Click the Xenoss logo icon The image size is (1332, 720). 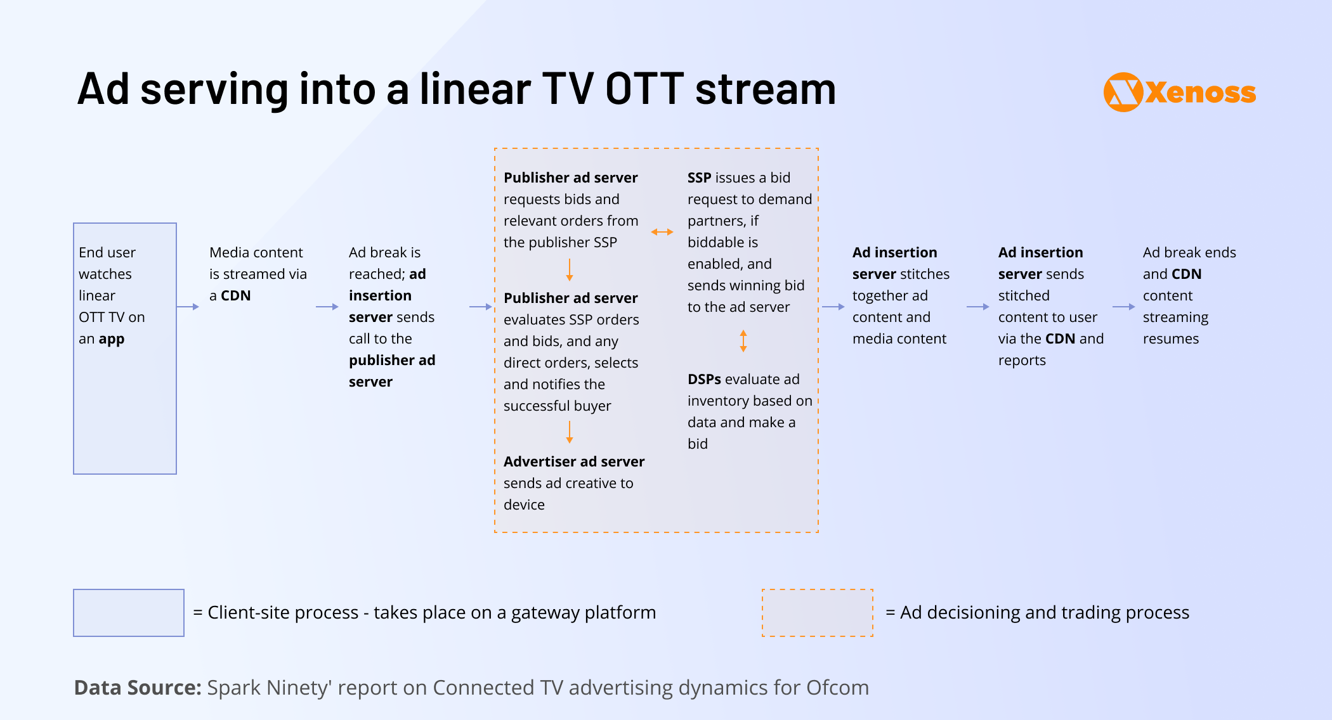coord(1123,92)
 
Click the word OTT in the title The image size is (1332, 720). coord(644,89)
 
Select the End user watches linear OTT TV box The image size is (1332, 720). coord(125,349)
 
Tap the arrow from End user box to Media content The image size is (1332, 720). coord(188,307)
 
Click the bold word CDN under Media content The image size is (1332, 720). coord(236,295)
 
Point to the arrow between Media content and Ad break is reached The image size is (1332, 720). coord(327,307)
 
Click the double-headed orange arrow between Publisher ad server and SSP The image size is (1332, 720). coord(662,232)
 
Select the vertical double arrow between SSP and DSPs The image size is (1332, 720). coord(743,340)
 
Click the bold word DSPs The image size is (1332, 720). coord(704,379)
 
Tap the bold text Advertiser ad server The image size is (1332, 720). coord(574,461)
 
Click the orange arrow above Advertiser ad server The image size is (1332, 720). coord(570,432)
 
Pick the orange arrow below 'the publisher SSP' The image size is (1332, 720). coord(570,269)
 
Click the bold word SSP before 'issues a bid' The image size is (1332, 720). coord(699,177)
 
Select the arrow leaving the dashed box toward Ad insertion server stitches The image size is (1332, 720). coord(833,307)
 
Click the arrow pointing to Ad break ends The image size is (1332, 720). coord(1123,307)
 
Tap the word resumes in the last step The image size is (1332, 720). coord(1171,338)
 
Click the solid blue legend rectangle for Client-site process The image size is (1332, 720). coord(129,613)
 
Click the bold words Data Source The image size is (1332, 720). coord(138,688)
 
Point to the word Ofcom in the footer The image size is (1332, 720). coord(837,688)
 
